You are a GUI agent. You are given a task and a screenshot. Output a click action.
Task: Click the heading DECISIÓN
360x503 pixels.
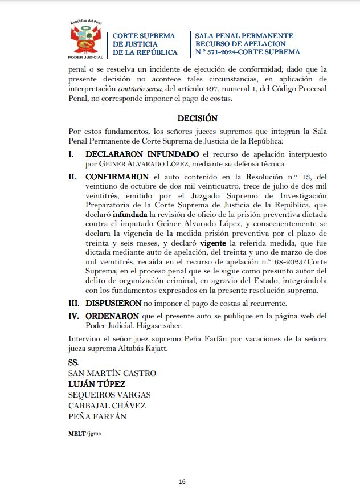pyautogui.click(x=198, y=118)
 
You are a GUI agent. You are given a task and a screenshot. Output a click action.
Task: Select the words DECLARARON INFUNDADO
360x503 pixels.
pyautogui.click(x=142, y=154)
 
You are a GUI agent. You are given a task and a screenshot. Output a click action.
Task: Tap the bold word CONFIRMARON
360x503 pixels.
pyautogui.click(x=117, y=177)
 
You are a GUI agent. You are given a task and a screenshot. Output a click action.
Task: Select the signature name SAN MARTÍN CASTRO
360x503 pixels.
pyautogui.click(x=112, y=373)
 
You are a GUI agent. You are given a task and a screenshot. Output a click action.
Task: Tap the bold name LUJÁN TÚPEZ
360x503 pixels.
pyautogui.click(x=97, y=384)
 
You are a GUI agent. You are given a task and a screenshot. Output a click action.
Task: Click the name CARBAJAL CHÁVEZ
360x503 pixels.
pyautogui.click(x=107, y=406)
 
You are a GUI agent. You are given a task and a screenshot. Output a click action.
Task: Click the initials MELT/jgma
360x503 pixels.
pyautogui.click(x=85, y=433)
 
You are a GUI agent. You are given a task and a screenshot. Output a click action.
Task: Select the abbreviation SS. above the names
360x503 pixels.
pyautogui.click(x=73, y=362)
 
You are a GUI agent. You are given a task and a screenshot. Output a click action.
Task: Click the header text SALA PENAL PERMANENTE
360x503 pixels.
pyautogui.click(x=244, y=36)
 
